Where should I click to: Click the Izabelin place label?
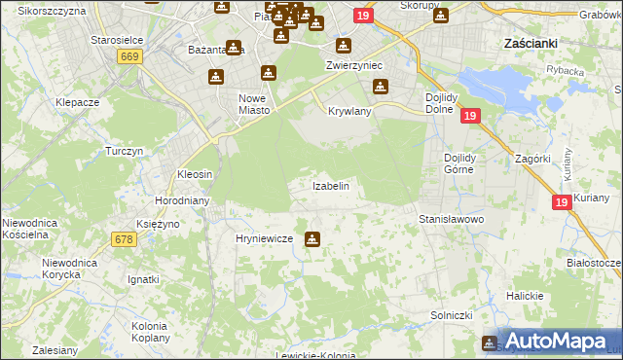330,185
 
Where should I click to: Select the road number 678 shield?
124,239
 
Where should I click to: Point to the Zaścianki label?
530,43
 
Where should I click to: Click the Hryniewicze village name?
264,238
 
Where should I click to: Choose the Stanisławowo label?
451,220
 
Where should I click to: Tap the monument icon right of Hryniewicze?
311,238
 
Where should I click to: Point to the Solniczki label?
451,316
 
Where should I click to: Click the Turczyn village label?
125,151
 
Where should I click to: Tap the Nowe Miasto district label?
254,103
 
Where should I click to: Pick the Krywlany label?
349,111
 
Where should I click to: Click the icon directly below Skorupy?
440,17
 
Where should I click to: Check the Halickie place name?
525,295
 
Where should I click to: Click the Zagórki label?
534,158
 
